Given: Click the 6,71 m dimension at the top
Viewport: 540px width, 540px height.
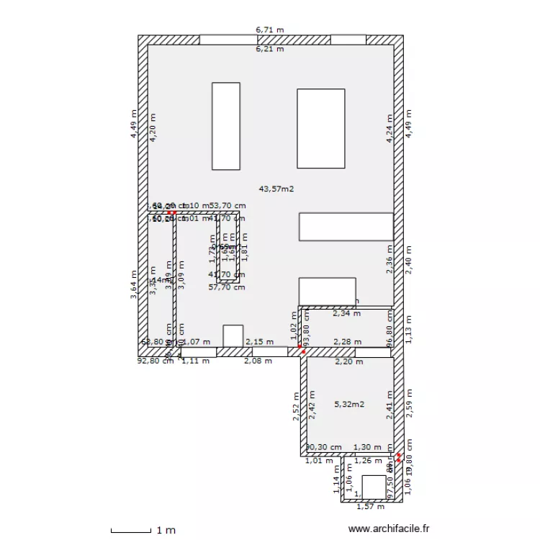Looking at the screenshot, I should [270, 30].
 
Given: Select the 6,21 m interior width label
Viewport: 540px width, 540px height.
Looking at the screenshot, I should [270, 49].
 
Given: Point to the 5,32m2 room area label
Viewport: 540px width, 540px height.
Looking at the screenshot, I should [349, 405].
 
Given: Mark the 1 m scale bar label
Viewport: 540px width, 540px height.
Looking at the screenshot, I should [166, 531].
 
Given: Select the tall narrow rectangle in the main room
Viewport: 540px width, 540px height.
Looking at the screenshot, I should [225, 126].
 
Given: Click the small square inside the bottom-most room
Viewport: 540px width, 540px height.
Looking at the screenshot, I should [374, 487].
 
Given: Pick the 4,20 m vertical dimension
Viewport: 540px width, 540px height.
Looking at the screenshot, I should [152, 128].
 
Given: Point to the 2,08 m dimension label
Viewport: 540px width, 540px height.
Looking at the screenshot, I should [258, 361].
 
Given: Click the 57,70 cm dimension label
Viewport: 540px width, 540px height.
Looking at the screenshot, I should [227, 287].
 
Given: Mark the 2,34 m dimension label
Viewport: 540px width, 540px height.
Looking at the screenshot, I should [346, 313].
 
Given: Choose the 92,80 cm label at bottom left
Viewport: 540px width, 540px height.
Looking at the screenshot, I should [156, 361].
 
